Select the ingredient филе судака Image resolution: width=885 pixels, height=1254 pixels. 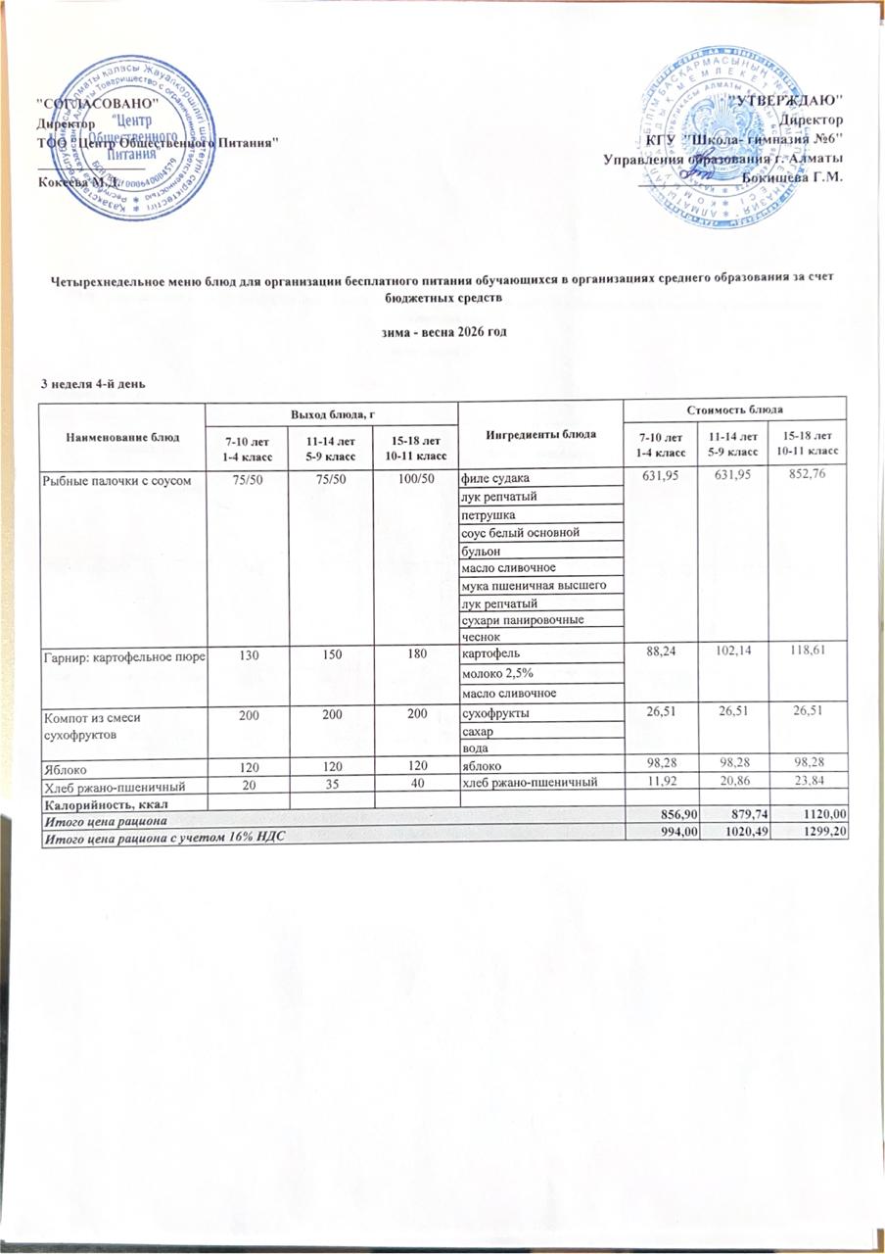495,479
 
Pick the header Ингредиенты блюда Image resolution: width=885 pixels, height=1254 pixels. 539,434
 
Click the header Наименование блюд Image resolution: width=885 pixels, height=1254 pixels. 121,436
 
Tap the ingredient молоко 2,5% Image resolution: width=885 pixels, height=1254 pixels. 497,674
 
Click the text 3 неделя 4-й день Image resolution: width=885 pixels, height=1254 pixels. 92,382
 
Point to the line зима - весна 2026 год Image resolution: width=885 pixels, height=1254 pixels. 442,333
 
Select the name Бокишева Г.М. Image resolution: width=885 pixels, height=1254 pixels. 793,177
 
